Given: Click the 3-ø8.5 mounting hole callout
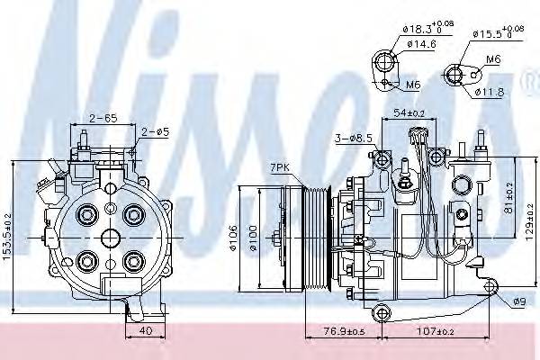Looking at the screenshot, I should coord(349,139).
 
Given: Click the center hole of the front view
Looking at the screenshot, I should coord(110,238).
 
